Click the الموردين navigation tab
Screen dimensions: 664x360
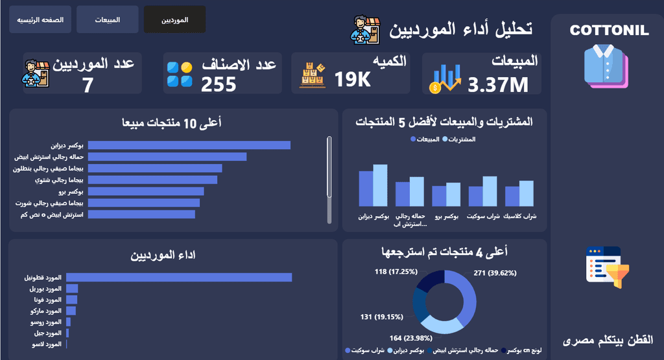pyautogui.click(x=174, y=19)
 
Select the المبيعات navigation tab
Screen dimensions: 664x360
pyautogui.click(x=107, y=19)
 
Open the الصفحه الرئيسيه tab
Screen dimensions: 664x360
pyautogui.click(x=40, y=19)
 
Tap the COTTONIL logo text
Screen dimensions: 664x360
pyautogui.click(x=609, y=30)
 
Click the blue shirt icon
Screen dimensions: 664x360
pyautogui.click(x=606, y=67)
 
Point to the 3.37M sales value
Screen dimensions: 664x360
pyautogui.click(x=498, y=85)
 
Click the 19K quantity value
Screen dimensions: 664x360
pyautogui.click(x=352, y=79)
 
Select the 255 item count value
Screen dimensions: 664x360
pyautogui.click(x=219, y=84)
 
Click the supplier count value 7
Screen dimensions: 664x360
pyautogui.click(x=88, y=85)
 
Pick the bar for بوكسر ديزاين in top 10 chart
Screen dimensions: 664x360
pyautogui.click(x=189, y=145)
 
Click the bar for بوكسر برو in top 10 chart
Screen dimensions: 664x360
pyautogui.click(x=146, y=191)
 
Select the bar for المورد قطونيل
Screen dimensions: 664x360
pyautogui.click(x=179, y=278)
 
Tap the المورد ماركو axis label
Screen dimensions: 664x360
pyautogui.click(x=46, y=311)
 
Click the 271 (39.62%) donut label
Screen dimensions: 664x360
pyautogui.click(x=495, y=273)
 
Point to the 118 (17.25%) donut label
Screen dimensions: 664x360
pyautogui.click(x=396, y=272)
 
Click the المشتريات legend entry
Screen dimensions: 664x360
pyautogui.click(x=459, y=139)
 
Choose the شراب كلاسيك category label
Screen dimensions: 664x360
pyautogui.click(x=519, y=216)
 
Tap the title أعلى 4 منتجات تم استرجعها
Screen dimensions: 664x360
pyautogui.click(x=445, y=252)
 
